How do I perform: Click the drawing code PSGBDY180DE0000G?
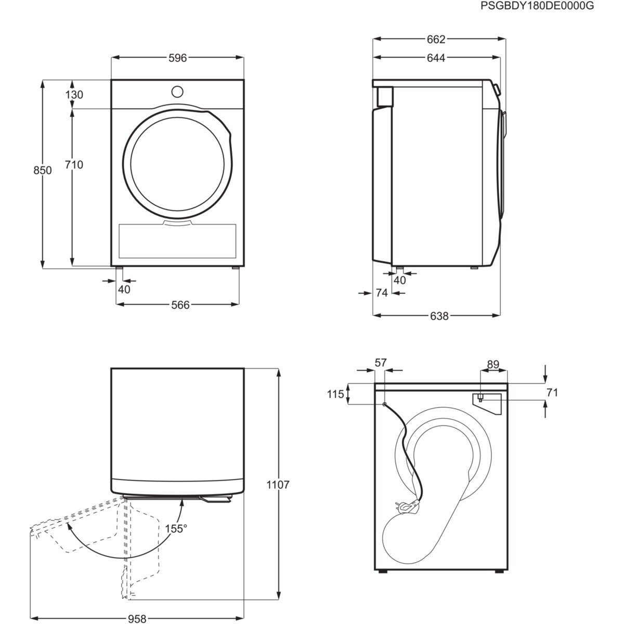537,6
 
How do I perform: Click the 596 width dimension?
177,58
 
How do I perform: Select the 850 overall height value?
43,171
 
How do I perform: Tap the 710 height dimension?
74,165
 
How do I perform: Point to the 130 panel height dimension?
74,95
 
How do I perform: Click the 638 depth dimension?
439,316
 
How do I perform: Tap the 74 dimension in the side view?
382,293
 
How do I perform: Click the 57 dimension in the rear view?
382,362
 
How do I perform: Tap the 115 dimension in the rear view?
336,394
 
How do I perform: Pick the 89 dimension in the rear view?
493,365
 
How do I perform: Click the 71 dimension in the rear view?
552,393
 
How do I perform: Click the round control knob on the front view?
177,92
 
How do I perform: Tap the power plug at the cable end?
406,505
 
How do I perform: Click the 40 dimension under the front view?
124,290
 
